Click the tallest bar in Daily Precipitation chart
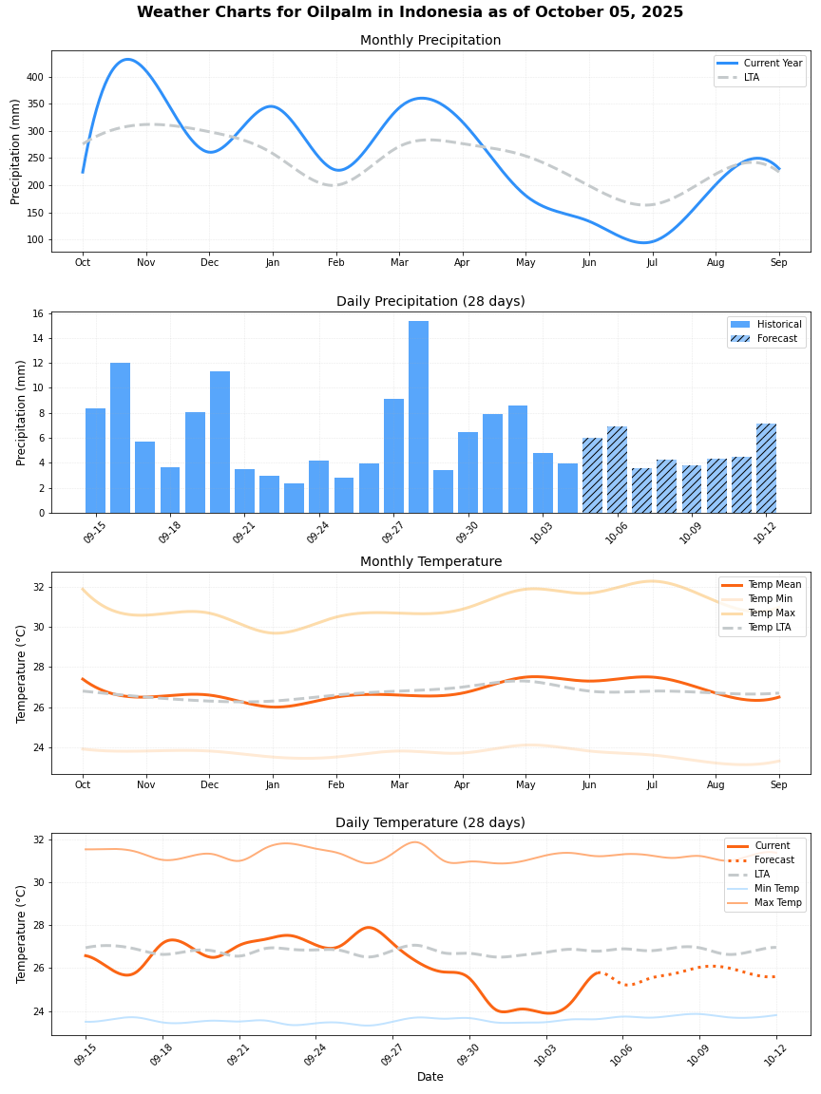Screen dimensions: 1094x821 coord(418,418)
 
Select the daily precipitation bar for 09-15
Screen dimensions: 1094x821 coord(95,461)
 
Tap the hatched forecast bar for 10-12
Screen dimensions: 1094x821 coord(766,468)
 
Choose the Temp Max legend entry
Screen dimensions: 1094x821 coord(771,613)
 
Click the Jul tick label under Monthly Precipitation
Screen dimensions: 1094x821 coord(652,262)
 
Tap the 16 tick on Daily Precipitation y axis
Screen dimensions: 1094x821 coord(38,313)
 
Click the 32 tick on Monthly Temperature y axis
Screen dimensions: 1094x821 coord(38,587)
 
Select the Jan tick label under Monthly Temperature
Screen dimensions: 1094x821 coord(273,785)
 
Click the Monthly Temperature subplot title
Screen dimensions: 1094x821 coord(430,561)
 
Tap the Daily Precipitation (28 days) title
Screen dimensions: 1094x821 coord(430,301)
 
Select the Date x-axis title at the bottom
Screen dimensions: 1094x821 coord(430,1077)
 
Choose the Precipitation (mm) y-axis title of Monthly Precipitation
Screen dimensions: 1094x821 coord(16,152)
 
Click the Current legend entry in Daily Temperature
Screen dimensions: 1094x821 coord(772,845)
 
